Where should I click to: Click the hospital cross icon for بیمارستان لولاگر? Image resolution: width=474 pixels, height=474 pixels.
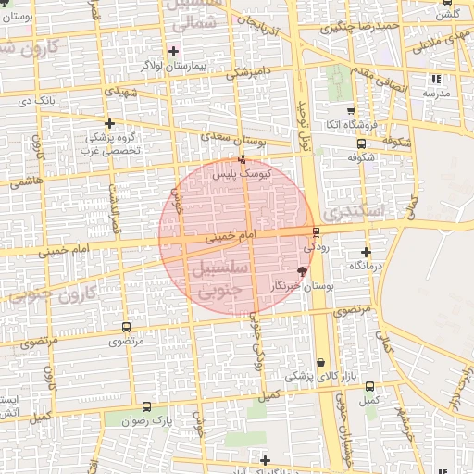[173, 51]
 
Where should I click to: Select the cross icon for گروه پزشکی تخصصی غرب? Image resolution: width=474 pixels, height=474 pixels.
[110, 123]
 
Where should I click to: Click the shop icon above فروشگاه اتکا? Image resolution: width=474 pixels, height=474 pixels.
[348, 108]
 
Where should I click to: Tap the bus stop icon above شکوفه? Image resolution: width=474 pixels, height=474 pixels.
[361, 143]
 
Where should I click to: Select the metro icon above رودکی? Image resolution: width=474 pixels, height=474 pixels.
[316, 231]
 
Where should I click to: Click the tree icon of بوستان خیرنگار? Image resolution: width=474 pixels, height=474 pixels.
[302, 270]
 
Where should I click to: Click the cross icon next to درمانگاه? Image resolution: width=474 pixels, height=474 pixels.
[368, 252]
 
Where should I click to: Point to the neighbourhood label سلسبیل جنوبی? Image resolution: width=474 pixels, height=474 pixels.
[220, 278]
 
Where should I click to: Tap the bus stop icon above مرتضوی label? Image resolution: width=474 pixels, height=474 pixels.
[126, 328]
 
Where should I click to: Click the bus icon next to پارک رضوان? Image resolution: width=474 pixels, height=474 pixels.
[146, 406]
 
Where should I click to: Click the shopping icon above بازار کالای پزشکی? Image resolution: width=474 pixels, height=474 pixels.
[320, 362]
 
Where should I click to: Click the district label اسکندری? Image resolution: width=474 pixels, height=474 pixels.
[370, 212]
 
